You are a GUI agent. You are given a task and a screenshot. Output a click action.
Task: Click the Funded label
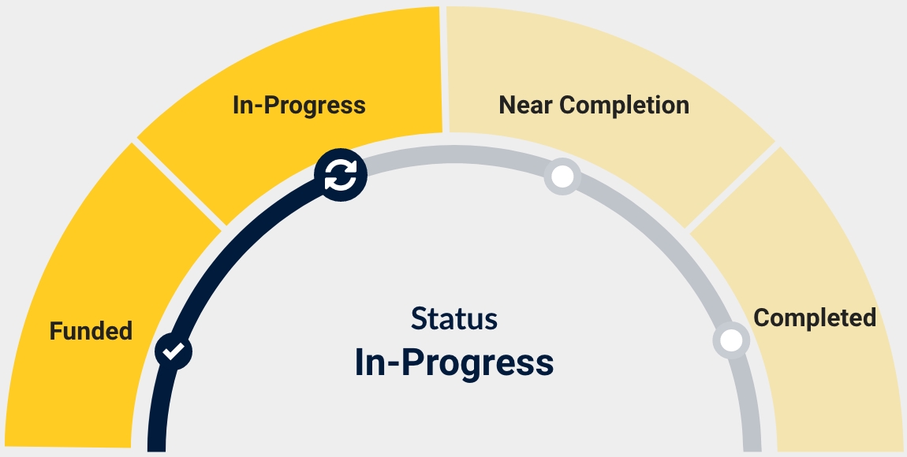[x=91, y=331]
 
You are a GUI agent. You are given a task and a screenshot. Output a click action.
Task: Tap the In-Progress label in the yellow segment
[x=299, y=105]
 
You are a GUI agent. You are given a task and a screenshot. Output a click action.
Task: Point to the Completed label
[x=815, y=318]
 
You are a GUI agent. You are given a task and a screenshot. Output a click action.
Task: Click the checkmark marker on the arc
[x=174, y=351]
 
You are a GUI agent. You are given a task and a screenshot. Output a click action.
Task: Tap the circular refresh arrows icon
[x=341, y=174]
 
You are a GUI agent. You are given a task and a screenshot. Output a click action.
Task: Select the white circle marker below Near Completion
[x=562, y=177]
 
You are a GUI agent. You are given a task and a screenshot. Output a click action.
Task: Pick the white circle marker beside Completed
[x=731, y=340]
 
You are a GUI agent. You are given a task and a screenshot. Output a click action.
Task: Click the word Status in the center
[x=454, y=319]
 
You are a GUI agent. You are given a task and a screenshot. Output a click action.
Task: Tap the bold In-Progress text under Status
[x=454, y=362]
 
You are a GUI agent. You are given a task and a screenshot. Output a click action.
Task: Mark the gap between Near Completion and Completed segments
[x=731, y=187]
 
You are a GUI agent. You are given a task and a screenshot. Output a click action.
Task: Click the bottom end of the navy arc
[x=157, y=445]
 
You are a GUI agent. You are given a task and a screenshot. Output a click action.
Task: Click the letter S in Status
[x=418, y=319]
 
